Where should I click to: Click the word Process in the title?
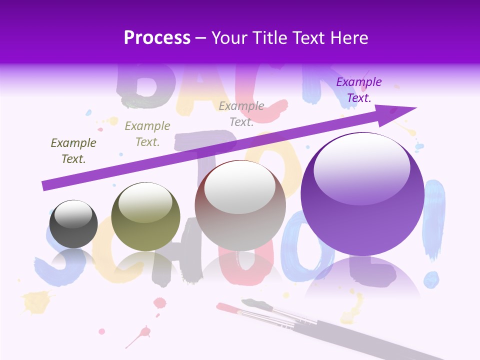[157, 37]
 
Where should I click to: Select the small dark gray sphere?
[73, 224]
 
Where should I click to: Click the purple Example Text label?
[359, 90]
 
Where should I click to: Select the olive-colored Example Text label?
[147, 134]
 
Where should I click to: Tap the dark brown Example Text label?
[73, 151]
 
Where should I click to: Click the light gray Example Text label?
[241, 114]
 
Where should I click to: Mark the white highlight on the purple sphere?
[361, 167]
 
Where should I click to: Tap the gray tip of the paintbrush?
[248, 302]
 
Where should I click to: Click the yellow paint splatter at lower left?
[35, 301]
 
